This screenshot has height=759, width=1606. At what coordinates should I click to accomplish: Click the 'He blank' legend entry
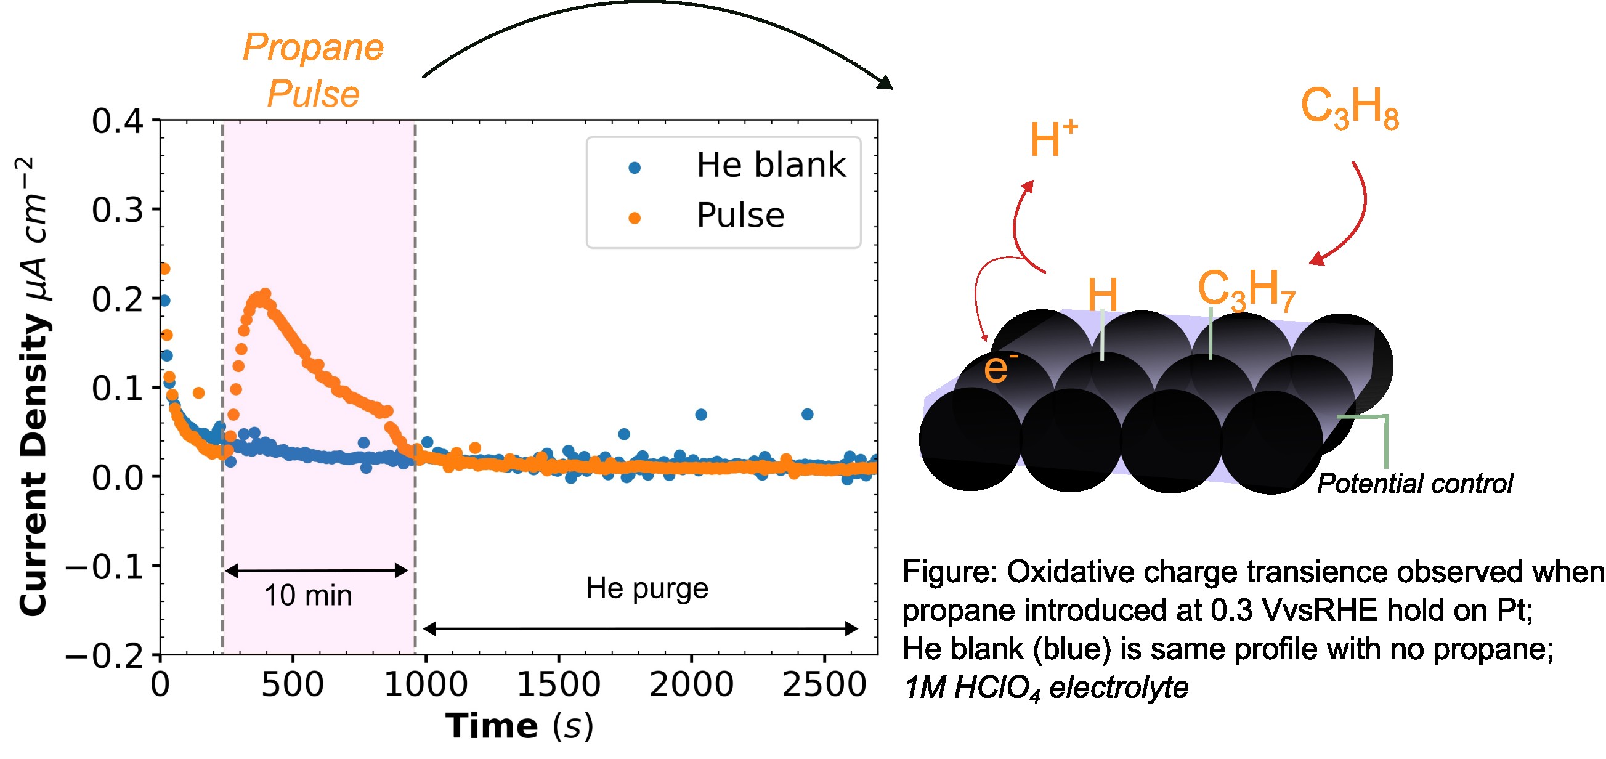[x=771, y=165]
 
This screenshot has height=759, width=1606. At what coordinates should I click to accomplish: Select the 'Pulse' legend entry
[x=740, y=216]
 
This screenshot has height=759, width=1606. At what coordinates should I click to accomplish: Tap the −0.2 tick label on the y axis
[x=105, y=655]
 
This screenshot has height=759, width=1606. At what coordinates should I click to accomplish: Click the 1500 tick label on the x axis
[x=559, y=685]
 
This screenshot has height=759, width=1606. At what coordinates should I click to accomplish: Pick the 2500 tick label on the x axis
[x=824, y=685]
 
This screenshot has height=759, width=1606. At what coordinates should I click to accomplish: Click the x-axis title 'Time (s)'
[x=519, y=726]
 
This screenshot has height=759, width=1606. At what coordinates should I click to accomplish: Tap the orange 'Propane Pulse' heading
[x=313, y=70]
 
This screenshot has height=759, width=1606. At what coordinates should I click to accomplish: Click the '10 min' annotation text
[x=308, y=595]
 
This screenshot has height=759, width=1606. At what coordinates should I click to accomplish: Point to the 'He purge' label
[x=646, y=588]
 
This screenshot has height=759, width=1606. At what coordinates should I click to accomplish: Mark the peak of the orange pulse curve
[x=264, y=294]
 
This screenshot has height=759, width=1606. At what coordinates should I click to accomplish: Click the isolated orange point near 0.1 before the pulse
[x=198, y=392]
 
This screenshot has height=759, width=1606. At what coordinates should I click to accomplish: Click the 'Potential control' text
[x=1414, y=484]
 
